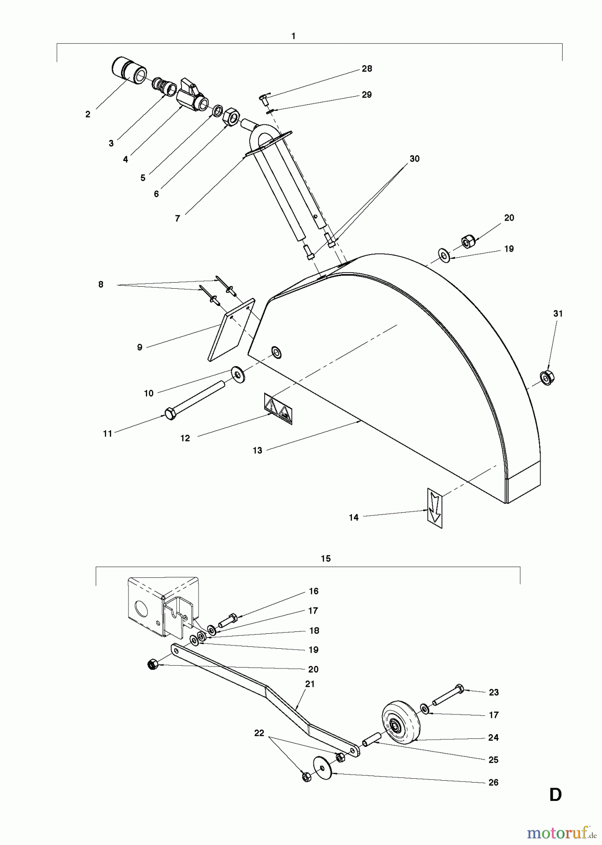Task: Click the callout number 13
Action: click(x=257, y=450)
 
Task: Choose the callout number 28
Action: click(x=366, y=69)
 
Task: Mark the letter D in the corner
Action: click(x=555, y=795)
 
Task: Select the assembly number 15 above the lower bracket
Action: click(x=326, y=559)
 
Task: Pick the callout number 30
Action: click(x=414, y=159)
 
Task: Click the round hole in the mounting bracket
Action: click(x=140, y=610)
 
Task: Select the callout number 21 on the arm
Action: click(x=310, y=684)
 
